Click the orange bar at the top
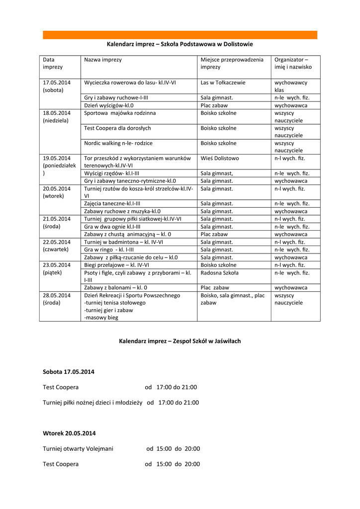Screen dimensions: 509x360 180,35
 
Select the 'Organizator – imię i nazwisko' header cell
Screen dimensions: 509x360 293,63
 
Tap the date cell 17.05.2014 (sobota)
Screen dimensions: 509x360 57,86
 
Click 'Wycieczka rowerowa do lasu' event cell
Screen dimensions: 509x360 130,83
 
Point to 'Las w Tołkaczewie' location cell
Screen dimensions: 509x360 223,83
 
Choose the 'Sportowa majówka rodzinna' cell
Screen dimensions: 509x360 120,113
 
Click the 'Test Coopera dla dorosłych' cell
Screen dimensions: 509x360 117,128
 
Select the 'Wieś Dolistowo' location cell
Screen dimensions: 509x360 220,158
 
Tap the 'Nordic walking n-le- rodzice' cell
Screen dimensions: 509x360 118,143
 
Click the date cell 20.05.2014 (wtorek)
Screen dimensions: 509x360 57,192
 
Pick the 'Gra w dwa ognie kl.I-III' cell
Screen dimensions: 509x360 112,226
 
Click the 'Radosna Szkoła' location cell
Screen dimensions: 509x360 219,272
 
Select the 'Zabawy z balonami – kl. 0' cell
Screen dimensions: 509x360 115,287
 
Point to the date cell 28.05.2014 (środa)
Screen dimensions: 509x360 57,299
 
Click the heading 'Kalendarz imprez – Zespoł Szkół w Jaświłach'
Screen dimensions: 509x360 180,341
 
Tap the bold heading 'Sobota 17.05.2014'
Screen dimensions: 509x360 69,372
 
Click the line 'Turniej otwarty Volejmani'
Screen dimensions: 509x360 78,448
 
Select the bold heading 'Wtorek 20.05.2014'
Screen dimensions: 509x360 69,433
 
